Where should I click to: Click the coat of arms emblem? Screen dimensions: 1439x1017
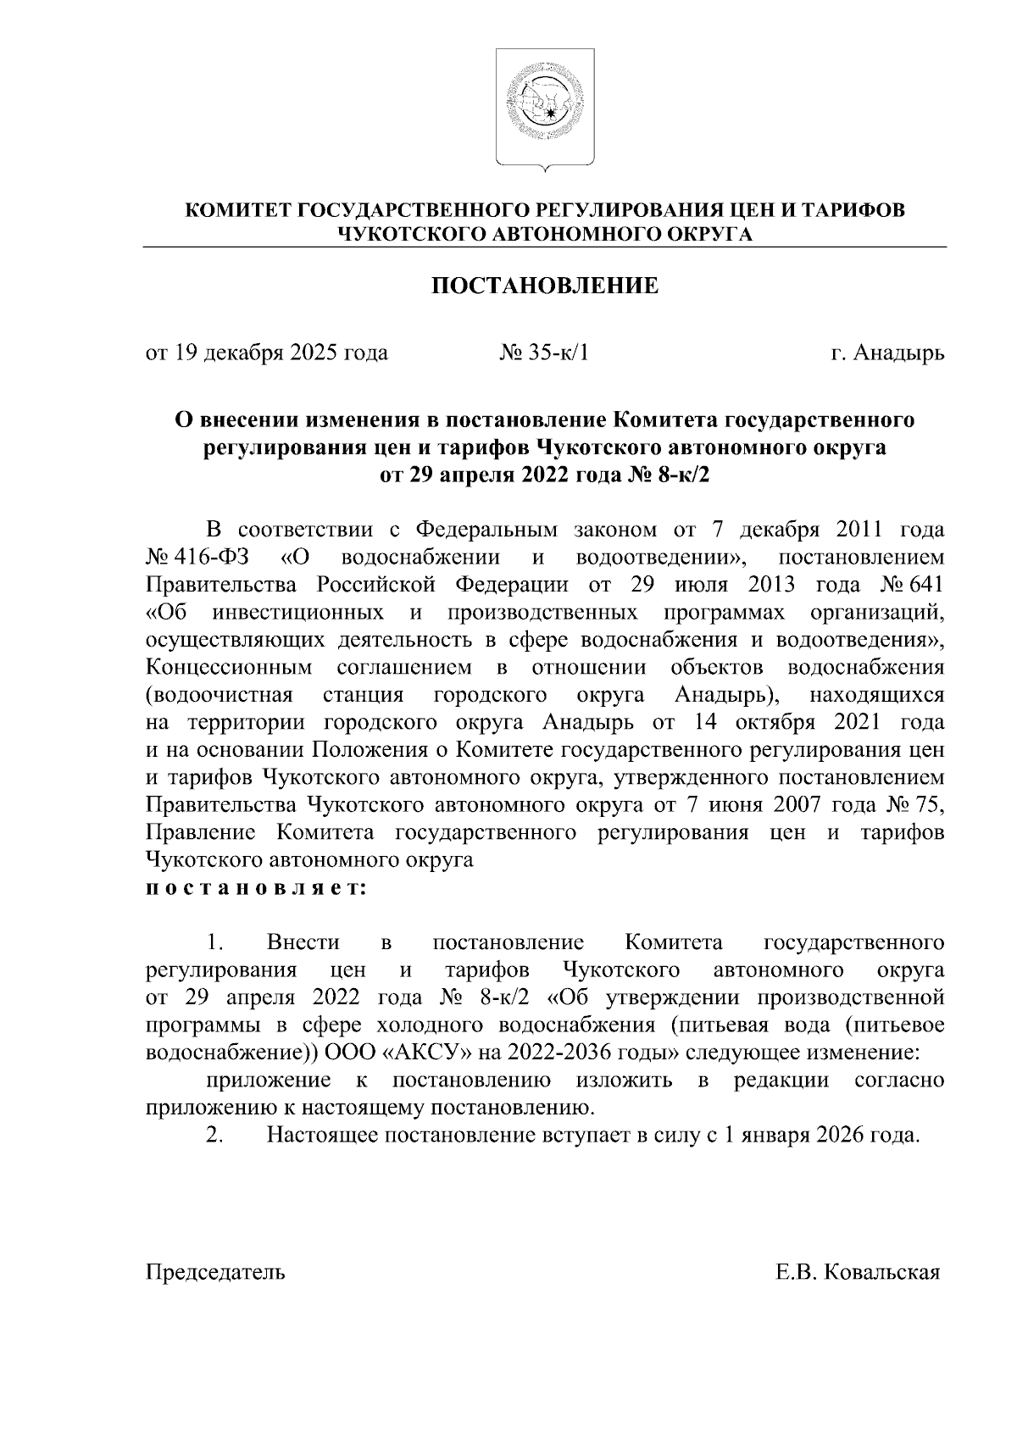coord(545,108)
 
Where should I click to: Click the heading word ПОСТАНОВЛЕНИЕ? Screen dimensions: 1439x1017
coord(545,286)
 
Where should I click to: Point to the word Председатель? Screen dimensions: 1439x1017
coord(215,1272)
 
